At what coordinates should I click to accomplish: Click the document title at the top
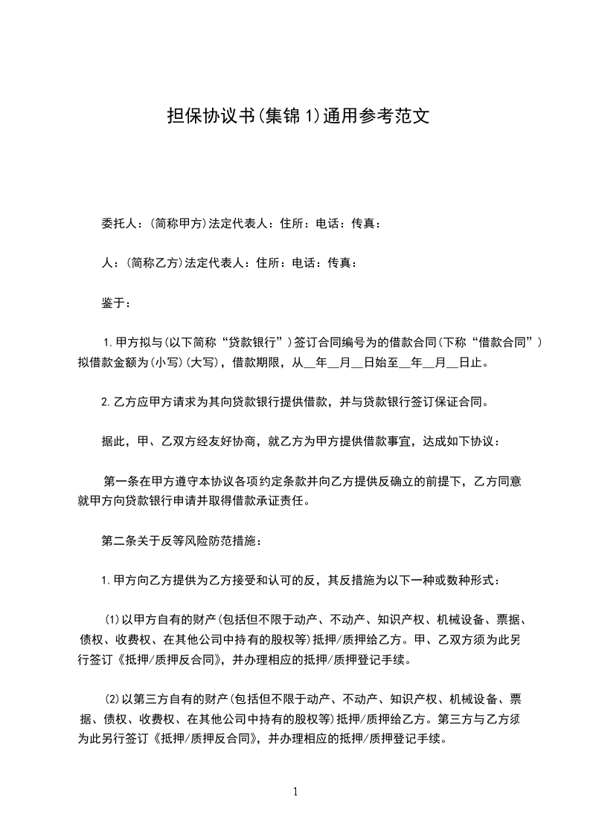point(295,117)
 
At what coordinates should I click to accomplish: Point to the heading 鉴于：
point(116,303)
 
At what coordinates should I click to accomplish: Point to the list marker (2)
point(112,699)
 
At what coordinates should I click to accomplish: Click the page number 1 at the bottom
point(295,792)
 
